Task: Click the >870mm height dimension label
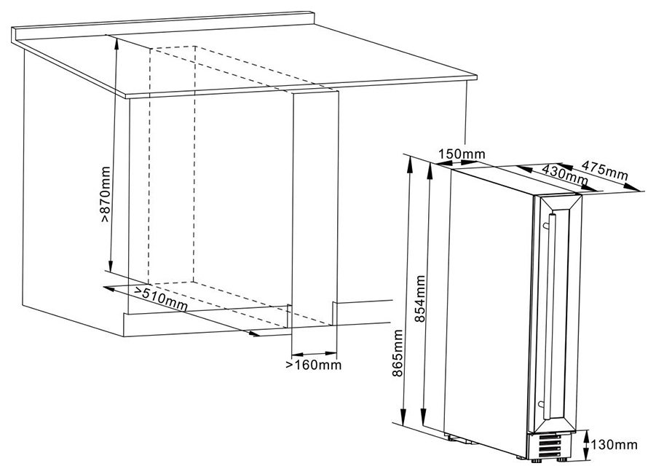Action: [x=106, y=194]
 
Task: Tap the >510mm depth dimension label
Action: [x=160, y=299]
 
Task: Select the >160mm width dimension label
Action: [x=314, y=365]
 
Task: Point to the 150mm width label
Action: [x=462, y=154]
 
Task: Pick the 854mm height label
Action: [x=419, y=299]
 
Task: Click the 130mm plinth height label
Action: [x=614, y=444]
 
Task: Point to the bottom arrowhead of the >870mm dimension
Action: [x=111, y=266]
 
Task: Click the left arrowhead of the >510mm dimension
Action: [x=110, y=288]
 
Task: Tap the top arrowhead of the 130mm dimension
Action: [x=586, y=434]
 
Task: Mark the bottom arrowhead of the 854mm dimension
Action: [x=424, y=419]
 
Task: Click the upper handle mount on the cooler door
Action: [x=545, y=225]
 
